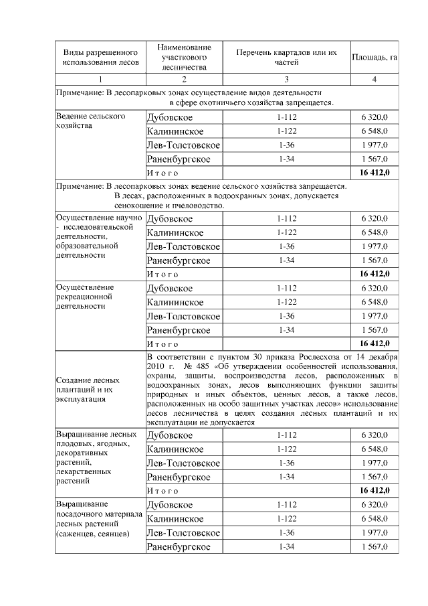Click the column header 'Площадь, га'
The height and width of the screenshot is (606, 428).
click(374, 58)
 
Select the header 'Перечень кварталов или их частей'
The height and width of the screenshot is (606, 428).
click(286, 58)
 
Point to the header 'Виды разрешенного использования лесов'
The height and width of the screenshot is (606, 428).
click(100, 58)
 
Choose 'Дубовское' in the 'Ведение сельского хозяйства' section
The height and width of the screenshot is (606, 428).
click(170, 117)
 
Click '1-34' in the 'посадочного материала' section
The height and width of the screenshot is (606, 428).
click(286, 547)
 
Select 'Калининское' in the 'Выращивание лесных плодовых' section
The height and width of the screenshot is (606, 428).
click(175, 449)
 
